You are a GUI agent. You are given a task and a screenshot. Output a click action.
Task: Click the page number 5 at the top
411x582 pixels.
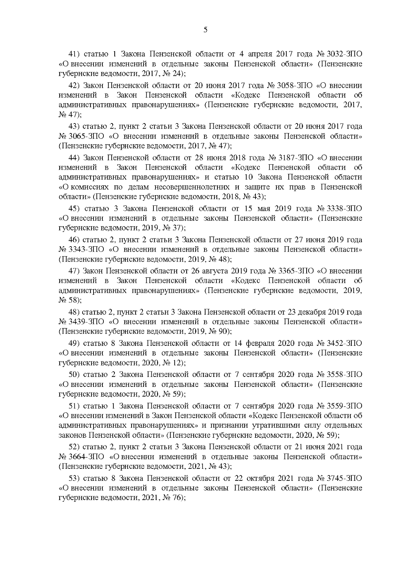205,30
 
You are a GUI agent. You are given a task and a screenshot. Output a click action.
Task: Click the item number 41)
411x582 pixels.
74,54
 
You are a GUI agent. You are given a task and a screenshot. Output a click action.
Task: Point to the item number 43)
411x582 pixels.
74,126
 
